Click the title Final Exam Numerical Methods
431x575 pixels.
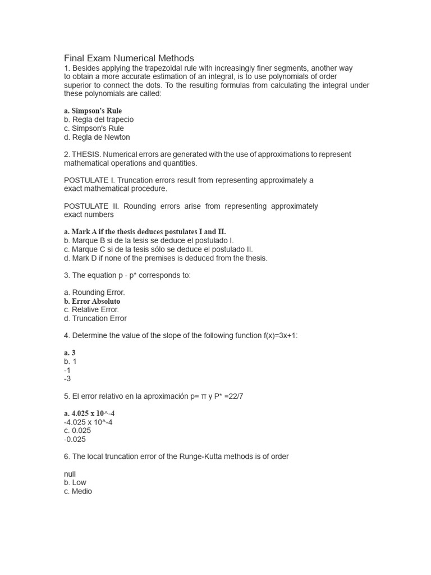click(129, 58)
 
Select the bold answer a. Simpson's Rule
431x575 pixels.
click(93, 111)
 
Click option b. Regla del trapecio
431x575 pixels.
click(99, 120)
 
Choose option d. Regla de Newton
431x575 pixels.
click(97, 137)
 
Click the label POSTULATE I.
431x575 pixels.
click(90, 180)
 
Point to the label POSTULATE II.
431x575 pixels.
click(91, 206)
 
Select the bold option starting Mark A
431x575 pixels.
click(145, 231)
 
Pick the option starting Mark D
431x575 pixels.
click(166, 258)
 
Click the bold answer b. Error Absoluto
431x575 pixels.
click(92, 301)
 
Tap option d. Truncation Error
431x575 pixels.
click(95, 318)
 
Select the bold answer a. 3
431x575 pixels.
click(70, 353)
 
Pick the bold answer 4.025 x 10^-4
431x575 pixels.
click(89, 413)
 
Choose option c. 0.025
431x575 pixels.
click(77, 431)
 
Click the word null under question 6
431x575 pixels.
click(70, 474)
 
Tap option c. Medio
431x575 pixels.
click(78, 491)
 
